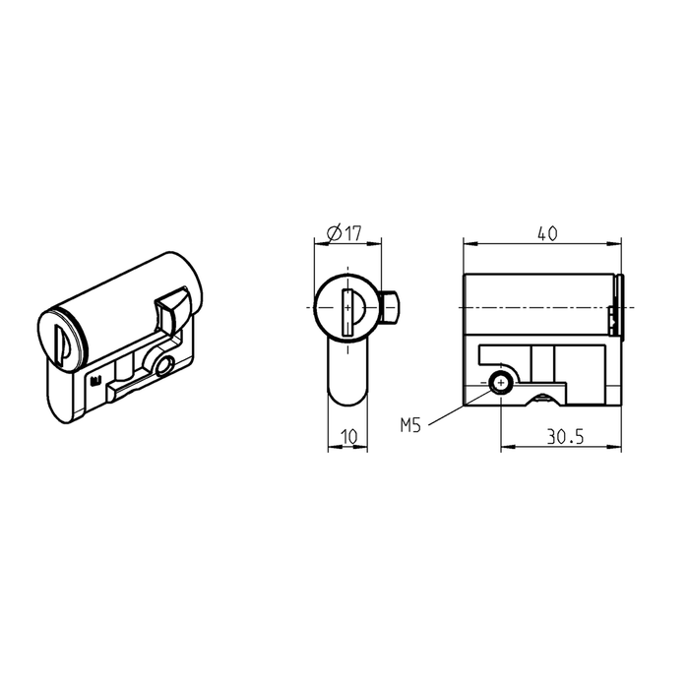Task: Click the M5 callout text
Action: pyautogui.click(x=412, y=426)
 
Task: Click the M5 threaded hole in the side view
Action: pyautogui.click(x=502, y=384)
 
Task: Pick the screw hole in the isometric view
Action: pyautogui.click(x=161, y=367)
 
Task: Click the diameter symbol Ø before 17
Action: pyautogui.click(x=332, y=233)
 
